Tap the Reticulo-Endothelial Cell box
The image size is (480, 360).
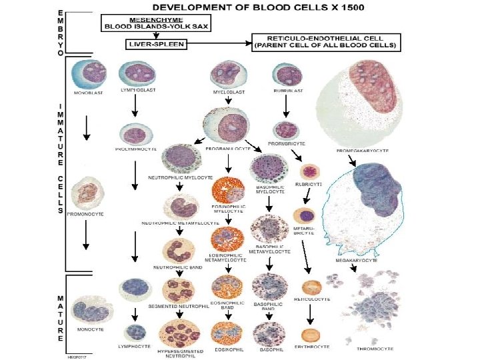(325, 41)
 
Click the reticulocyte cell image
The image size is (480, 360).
(309, 288)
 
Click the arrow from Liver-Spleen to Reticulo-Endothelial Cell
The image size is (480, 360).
(219, 44)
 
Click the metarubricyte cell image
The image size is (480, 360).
(307, 215)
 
